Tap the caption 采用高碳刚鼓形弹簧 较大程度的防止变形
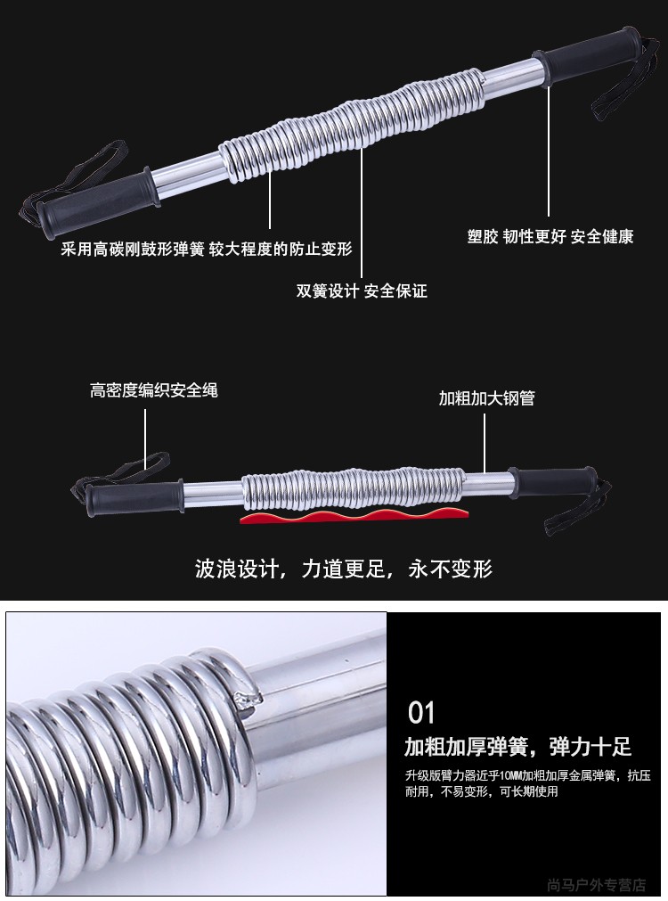pos(207,250)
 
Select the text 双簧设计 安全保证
pos(362,291)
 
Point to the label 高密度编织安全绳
pos(154,390)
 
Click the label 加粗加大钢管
pos(487,398)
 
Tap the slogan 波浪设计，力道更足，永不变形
pos(344,569)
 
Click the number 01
pos(421,713)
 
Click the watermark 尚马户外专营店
pos(597,885)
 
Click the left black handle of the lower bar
pos(135,497)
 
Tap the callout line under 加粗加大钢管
pos(485,442)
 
